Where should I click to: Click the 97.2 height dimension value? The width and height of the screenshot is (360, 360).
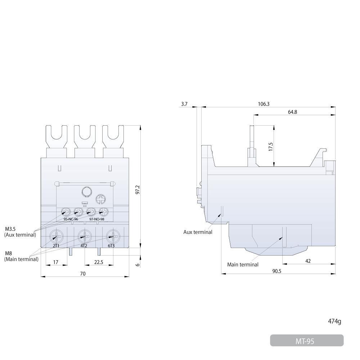coord(138,190)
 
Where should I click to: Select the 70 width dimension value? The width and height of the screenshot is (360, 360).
coord(83,274)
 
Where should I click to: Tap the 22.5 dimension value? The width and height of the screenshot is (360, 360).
coord(99,262)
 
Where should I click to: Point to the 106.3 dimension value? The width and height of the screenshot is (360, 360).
coord(264,104)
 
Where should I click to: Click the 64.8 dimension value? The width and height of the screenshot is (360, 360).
coord(292,112)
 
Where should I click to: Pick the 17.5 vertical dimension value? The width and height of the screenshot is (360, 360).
coord(271,147)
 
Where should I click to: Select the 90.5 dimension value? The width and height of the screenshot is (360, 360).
coord(276,271)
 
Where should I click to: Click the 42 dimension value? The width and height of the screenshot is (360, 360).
coord(308,261)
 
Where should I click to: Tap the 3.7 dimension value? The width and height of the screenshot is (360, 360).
coord(184,104)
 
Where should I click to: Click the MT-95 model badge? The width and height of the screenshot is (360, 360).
coord(307,340)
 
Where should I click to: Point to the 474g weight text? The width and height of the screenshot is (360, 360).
coord(334,321)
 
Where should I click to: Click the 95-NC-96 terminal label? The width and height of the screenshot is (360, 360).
coord(71,219)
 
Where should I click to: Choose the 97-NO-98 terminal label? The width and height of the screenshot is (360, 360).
coord(96,219)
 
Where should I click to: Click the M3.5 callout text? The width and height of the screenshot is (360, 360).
coord(10,229)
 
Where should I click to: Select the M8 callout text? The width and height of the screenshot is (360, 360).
coord(9,253)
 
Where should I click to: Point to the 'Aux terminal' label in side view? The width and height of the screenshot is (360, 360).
coord(198,232)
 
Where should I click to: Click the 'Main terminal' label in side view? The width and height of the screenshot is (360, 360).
coord(243,265)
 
